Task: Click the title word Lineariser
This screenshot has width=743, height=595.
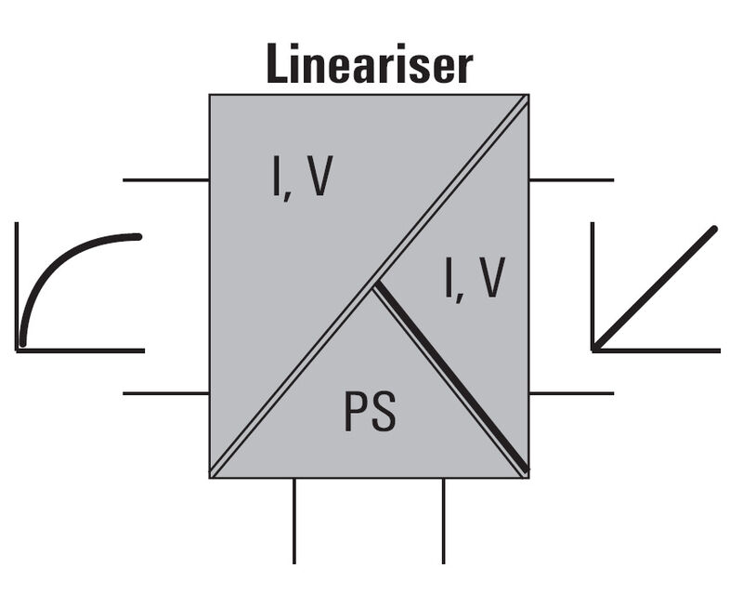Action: [x=369, y=65]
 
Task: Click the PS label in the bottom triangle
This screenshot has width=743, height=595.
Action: [x=370, y=413]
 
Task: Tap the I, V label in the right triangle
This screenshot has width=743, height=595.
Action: [x=473, y=279]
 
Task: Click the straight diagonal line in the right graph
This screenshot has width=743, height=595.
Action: [x=655, y=288]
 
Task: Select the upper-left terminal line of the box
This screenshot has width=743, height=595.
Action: [x=165, y=179]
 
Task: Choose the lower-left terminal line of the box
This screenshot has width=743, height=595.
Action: [x=165, y=393]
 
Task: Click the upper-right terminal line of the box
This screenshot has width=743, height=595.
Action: [x=571, y=179]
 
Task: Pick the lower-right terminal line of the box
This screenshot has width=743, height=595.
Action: [x=571, y=393]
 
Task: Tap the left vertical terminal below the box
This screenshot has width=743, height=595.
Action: [x=294, y=521]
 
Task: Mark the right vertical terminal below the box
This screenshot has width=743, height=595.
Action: [x=443, y=521]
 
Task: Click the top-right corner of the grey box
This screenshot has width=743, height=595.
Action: [x=528, y=96]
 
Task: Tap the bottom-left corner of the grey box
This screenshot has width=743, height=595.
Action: [x=211, y=476]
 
